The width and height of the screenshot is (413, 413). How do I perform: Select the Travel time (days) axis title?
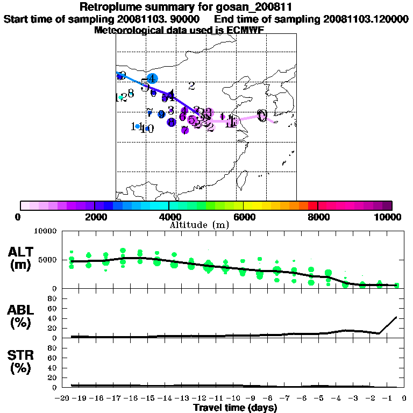[235, 408]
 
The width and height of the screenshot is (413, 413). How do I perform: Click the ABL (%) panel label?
[22, 317]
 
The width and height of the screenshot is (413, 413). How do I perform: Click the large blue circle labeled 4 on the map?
[152, 79]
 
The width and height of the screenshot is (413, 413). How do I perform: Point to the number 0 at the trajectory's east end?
[262, 115]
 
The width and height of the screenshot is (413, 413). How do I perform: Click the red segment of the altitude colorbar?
[312, 205]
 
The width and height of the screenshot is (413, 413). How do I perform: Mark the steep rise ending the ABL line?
[389, 325]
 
